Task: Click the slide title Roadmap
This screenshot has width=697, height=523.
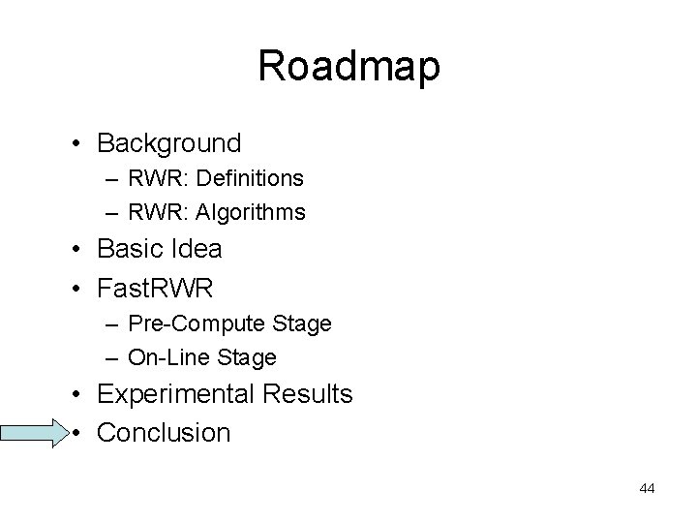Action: [x=348, y=67]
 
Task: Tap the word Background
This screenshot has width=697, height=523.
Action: [x=169, y=143]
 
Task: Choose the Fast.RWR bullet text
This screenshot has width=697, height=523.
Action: [x=155, y=287]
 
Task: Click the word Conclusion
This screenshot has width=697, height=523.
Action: [x=165, y=432]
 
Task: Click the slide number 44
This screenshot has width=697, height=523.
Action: [x=647, y=488]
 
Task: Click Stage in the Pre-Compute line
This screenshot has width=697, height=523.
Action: [x=303, y=323]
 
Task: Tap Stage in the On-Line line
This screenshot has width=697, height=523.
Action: [x=249, y=357]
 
